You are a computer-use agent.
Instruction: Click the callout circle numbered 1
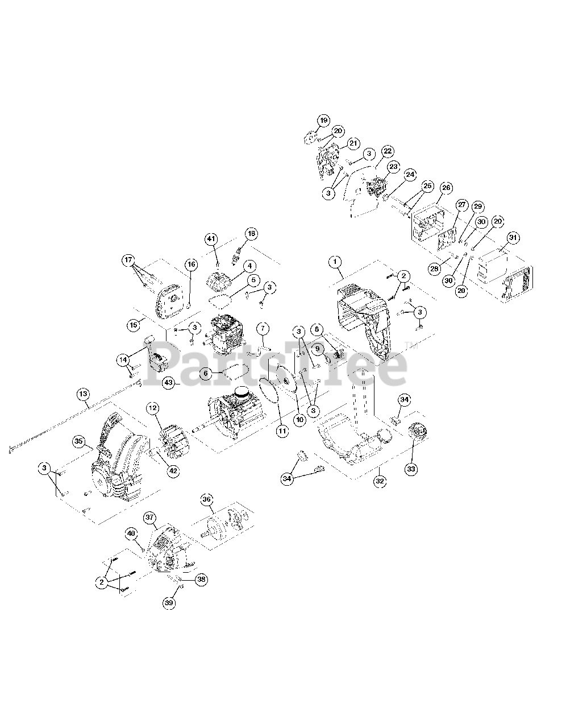point(335,262)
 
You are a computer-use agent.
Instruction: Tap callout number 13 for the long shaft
point(83,394)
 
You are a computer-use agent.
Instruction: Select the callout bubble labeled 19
point(323,121)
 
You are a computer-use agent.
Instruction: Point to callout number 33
point(411,469)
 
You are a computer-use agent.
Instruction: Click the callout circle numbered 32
point(380,481)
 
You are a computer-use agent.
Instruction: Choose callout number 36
point(207,499)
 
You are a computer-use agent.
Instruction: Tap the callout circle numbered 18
point(251,233)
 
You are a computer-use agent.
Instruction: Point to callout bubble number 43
point(168,383)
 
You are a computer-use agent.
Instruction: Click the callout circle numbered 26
point(446,188)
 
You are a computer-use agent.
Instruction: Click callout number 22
point(387,151)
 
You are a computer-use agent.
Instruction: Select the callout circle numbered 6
point(206,373)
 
